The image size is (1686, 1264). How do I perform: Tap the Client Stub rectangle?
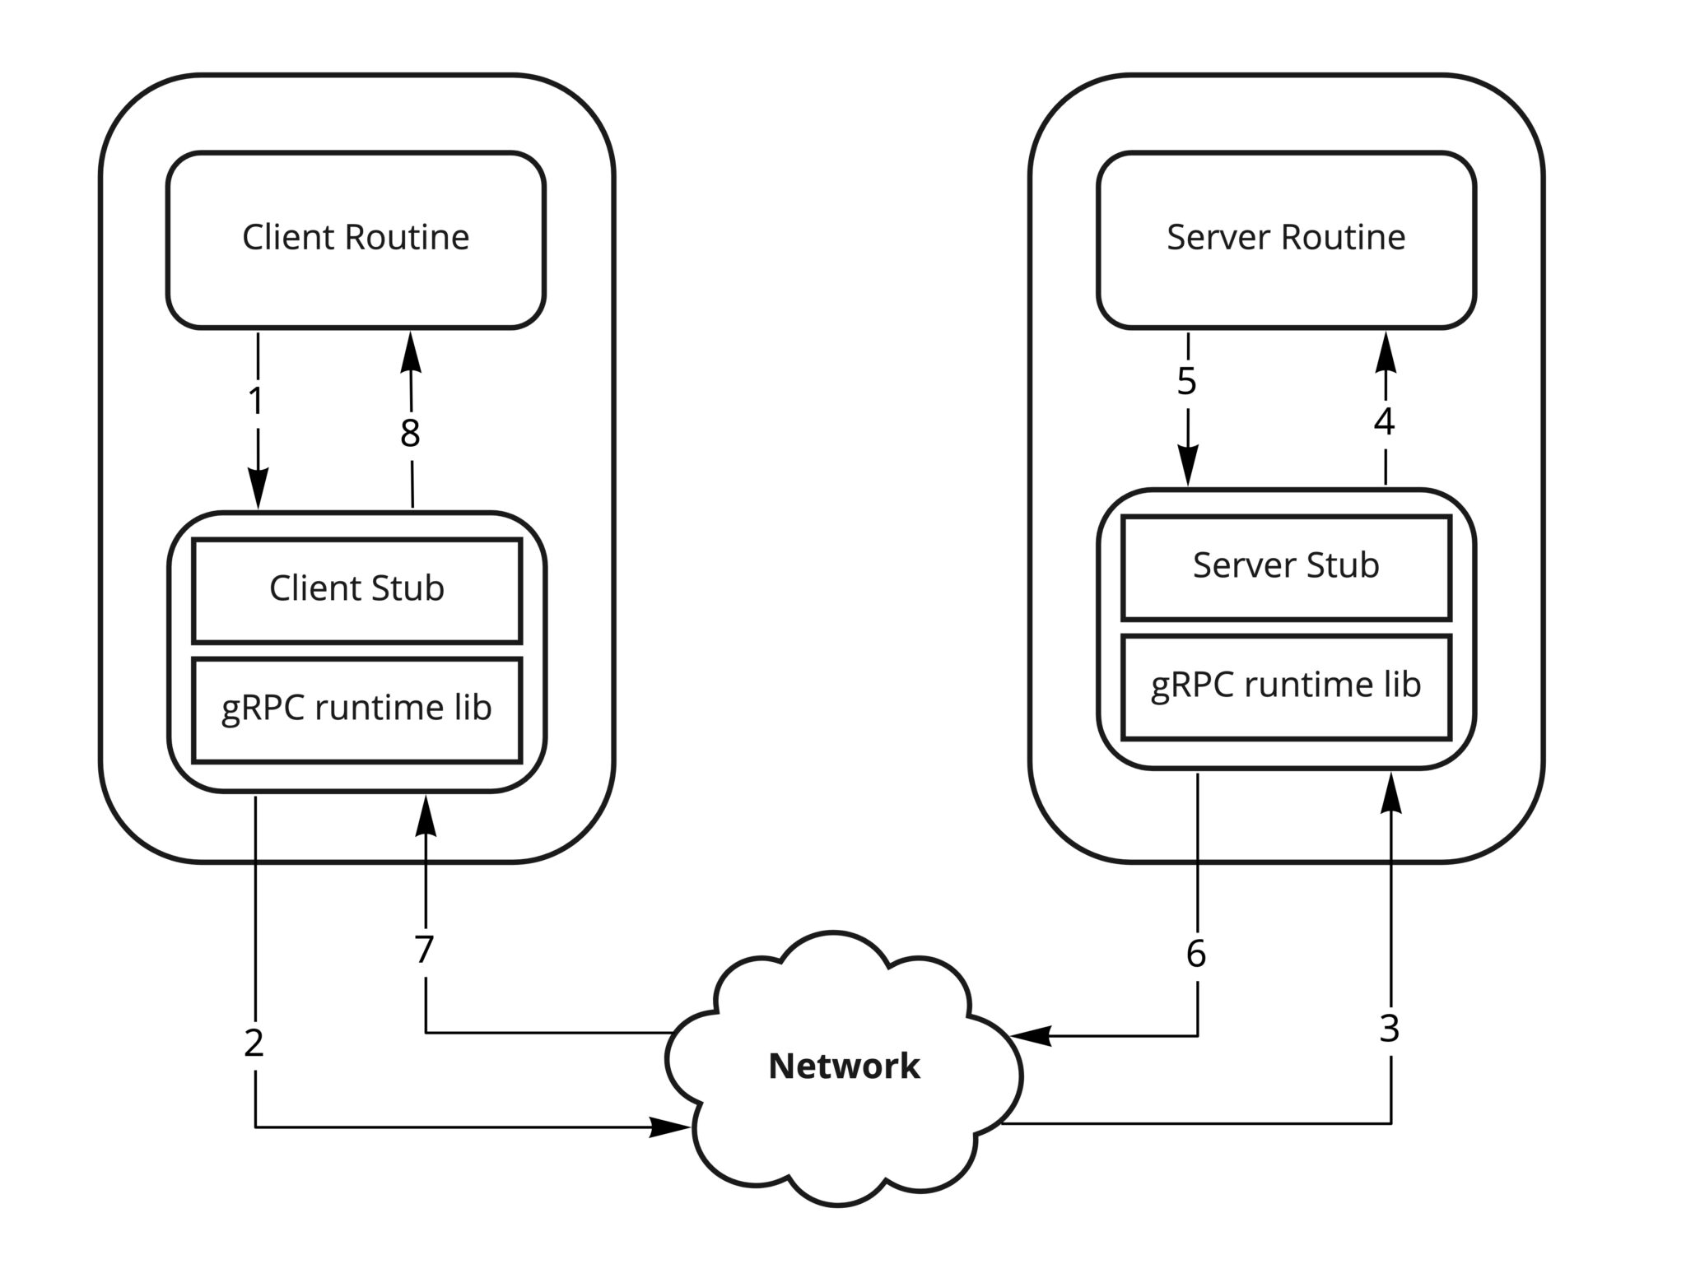click(x=356, y=589)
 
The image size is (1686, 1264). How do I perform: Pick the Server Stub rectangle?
click(x=1285, y=566)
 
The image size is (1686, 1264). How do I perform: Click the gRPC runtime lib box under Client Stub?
click(x=356, y=709)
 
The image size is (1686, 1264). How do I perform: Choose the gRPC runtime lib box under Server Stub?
click(x=1285, y=685)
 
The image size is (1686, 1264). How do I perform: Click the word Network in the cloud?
click(x=844, y=1066)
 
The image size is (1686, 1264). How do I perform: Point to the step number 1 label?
click(x=256, y=401)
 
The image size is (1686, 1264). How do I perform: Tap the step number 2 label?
click(x=254, y=1043)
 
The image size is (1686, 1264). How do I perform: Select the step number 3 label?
click(x=1390, y=1029)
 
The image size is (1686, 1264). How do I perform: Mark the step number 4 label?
click(x=1385, y=422)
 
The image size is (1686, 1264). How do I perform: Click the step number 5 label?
click(x=1186, y=382)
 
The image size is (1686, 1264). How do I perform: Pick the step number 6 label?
click(x=1196, y=954)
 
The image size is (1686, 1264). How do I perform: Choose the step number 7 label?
click(x=424, y=950)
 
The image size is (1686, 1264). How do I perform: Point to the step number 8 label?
click(x=410, y=434)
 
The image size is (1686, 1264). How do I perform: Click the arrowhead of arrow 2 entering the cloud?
click(x=671, y=1127)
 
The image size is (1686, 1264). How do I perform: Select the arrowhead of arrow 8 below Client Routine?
click(x=410, y=352)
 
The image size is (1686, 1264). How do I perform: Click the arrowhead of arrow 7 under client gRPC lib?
click(x=426, y=816)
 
